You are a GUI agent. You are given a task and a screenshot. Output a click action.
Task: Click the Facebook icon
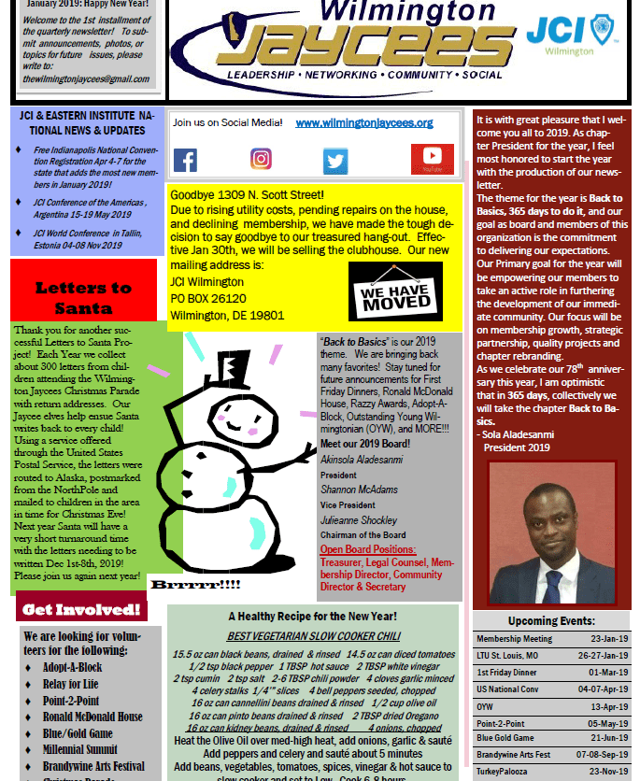[x=185, y=160]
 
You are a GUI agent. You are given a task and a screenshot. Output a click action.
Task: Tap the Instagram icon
[x=261, y=160]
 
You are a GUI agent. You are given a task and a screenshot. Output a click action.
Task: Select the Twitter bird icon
[x=335, y=161]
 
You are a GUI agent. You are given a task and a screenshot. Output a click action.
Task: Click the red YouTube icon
[x=432, y=159]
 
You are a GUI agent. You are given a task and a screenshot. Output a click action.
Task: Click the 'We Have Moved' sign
[x=395, y=291]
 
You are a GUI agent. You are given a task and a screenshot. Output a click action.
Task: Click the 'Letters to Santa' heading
[x=83, y=298]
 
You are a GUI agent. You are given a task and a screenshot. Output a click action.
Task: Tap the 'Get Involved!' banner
[x=83, y=610]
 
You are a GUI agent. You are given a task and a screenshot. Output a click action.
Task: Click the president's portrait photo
[x=551, y=531]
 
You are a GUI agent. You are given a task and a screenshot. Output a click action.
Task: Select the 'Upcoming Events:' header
[x=550, y=620]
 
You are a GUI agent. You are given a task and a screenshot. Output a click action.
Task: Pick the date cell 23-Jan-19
[x=608, y=639]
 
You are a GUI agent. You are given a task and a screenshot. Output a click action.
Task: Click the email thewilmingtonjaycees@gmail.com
[x=85, y=79]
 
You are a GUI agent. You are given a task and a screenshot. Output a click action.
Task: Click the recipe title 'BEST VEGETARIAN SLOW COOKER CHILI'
[x=312, y=636]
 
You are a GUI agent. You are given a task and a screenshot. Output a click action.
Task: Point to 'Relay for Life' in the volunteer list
[x=71, y=684]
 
